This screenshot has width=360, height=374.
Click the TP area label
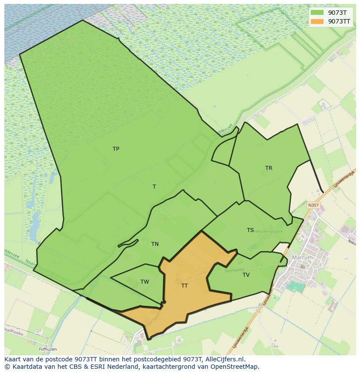pos(116,149)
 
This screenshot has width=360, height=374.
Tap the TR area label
pos(269,168)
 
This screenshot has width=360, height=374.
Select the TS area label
pos(250,230)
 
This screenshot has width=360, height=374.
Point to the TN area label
pos(155,244)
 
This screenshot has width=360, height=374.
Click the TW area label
pos(145,282)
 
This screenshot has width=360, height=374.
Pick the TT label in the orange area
pos(184,286)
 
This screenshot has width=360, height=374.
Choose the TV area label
pos(246,275)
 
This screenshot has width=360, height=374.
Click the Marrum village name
pos(302,258)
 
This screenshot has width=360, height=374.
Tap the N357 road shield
pos(313,205)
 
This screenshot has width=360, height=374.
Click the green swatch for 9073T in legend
pos(317,13)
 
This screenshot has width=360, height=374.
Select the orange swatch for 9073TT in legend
pos(317,21)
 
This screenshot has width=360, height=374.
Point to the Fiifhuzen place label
pos(47,349)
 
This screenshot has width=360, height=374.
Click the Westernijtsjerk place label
pos(268,232)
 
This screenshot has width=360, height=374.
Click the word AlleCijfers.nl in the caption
pos(225,359)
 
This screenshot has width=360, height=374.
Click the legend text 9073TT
pos(339,21)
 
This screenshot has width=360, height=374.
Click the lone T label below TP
pos(154,187)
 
